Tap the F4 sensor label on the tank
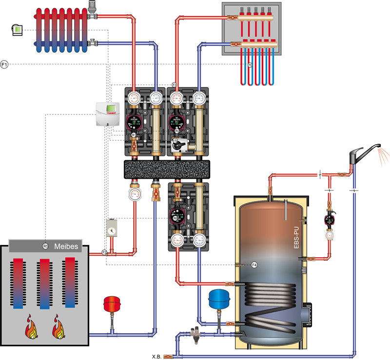pos(253,265)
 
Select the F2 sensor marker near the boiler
pos(104,251)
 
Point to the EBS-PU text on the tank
pos(296,239)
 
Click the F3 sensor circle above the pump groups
pos(174,85)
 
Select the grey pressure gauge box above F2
pos(112,227)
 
